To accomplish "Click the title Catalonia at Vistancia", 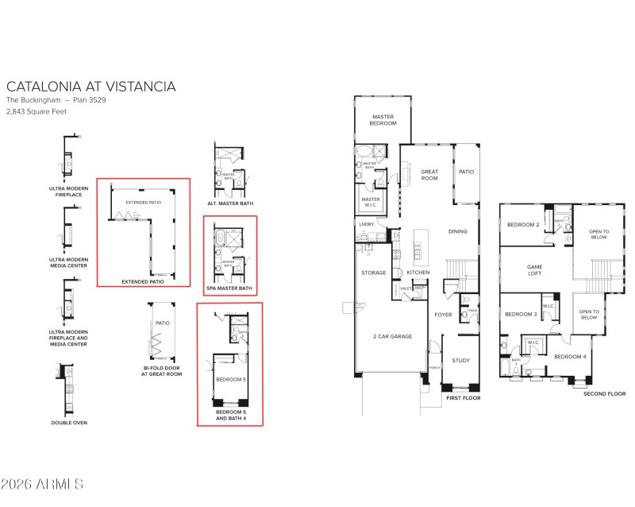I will tap(90, 87).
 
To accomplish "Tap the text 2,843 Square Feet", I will tap(37, 111).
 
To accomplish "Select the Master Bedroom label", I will tap(383, 120).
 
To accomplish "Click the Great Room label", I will tap(429, 174).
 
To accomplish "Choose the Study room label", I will tap(461, 360).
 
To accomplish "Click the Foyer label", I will tap(442, 315).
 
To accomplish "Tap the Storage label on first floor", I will tap(374, 273).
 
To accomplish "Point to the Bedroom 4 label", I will tap(569, 356).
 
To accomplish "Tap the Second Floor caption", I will tap(604, 393).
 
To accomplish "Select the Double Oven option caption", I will tap(71, 422).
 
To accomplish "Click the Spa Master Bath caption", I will tap(230, 288).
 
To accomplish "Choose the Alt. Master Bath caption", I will tap(229, 203).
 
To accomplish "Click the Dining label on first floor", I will tap(458, 231).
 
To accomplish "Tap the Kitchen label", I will tap(418, 273).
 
